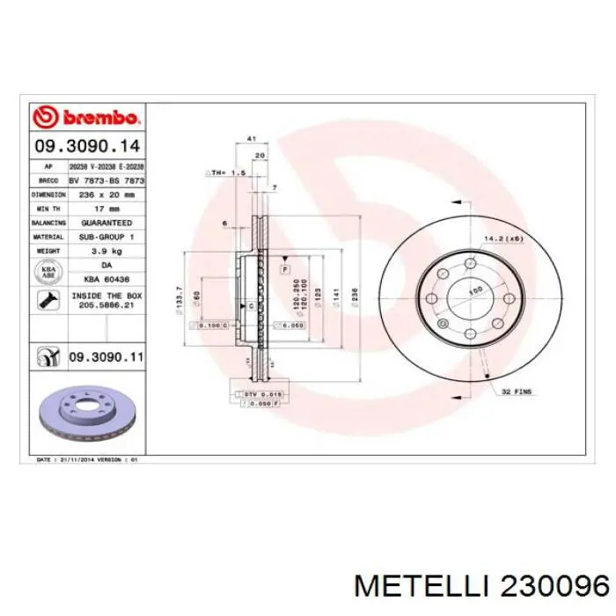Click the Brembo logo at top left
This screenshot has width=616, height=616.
[x=85, y=117]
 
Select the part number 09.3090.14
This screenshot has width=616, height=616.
[x=86, y=146]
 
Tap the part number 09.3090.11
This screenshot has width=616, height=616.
[x=106, y=357]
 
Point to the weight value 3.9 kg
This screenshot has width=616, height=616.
[x=106, y=251]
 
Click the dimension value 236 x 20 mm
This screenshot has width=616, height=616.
[x=106, y=194]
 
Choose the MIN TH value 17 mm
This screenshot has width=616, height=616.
[x=106, y=209]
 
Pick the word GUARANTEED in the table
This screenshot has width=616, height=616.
[x=106, y=224]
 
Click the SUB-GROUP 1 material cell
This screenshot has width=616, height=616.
[x=106, y=237]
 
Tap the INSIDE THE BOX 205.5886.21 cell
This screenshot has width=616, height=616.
[x=106, y=300]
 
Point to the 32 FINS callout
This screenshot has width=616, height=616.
[x=517, y=390]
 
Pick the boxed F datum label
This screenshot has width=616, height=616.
[x=286, y=266]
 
